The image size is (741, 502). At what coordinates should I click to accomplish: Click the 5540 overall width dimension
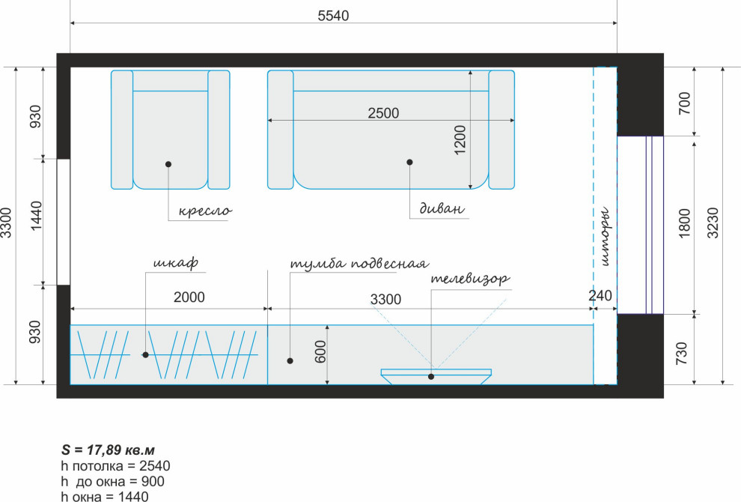pos(333,16)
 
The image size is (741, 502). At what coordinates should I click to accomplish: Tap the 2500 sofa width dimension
pos(383,113)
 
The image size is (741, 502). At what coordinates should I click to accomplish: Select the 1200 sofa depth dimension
pos(460,139)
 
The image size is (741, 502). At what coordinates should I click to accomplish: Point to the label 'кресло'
pos(205,211)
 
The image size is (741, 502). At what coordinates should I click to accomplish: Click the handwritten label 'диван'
pos(442,208)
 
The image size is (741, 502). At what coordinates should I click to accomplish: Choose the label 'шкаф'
pos(176,262)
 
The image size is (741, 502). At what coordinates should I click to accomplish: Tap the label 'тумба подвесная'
pos(359,263)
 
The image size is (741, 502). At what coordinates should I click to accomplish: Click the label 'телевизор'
pos(471,278)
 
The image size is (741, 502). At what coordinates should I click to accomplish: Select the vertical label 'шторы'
pos(606,236)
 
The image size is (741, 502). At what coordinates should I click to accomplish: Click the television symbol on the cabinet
pos(436,376)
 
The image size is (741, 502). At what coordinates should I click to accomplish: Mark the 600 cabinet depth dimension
pos(320,351)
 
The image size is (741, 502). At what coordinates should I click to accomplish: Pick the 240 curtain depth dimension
pos(600,296)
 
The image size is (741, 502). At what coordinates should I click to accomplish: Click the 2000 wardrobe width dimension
pos(189,297)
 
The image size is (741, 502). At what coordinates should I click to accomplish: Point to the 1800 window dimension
pos(684,223)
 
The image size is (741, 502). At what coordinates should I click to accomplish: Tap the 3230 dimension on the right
pos(713,223)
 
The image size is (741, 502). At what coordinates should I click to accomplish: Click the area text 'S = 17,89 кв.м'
pos(109,450)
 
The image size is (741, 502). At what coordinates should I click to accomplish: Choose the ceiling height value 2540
pos(154,466)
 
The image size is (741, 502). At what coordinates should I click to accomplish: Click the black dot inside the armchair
pos(168,164)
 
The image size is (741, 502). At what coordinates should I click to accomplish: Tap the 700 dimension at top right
pos(684,103)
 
